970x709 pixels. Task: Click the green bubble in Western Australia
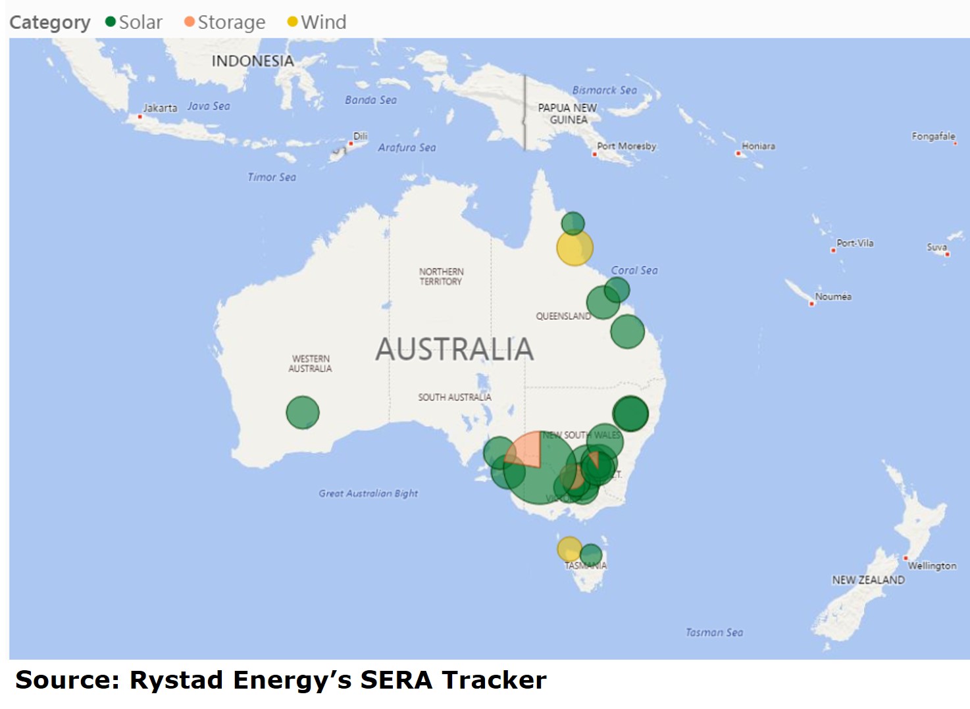click(x=303, y=412)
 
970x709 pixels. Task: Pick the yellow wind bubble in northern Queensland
click(x=574, y=249)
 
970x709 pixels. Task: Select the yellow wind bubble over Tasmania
click(x=569, y=549)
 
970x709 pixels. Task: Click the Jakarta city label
click(x=160, y=108)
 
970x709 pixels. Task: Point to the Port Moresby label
click(x=626, y=146)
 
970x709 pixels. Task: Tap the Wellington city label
click(x=932, y=566)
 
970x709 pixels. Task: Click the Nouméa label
click(x=832, y=297)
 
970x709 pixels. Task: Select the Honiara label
click(x=758, y=146)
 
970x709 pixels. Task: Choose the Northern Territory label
click(x=441, y=276)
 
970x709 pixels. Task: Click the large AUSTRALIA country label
click(x=454, y=349)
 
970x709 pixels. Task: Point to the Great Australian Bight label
click(x=368, y=493)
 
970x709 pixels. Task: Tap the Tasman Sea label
click(x=714, y=632)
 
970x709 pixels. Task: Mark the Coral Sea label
click(x=634, y=270)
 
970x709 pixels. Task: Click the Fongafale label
click(x=932, y=136)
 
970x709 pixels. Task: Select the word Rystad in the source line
click(x=176, y=680)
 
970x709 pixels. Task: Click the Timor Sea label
click(x=271, y=177)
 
